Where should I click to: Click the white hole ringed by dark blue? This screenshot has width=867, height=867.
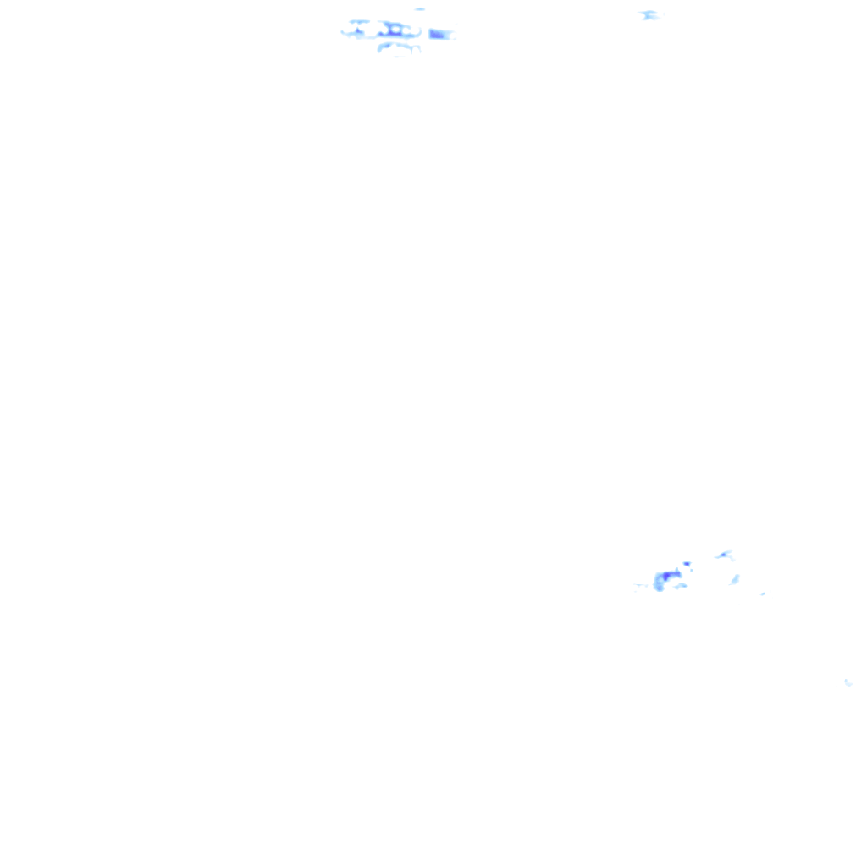click(x=395, y=29)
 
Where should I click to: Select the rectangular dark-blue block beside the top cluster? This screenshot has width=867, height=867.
click(x=438, y=34)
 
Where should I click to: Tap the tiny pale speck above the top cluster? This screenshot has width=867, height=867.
click(x=420, y=9)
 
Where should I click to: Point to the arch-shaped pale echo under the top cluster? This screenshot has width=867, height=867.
click(x=399, y=46)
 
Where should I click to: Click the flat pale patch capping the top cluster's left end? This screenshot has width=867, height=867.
click(x=359, y=21)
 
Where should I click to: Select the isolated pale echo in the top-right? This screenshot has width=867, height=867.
click(x=649, y=14)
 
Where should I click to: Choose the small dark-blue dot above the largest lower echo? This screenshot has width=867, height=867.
click(x=687, y=563)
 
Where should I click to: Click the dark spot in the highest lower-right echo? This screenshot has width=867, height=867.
click(x=723, y=555)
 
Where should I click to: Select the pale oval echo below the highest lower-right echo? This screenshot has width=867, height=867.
click(x=735, y=579)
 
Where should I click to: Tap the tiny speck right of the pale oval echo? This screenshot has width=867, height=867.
click(x=763, y=594)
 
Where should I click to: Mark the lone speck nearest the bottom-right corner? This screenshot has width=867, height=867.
click(x=847, y=682)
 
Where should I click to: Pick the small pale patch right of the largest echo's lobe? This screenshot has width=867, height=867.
click(x=680, y=586)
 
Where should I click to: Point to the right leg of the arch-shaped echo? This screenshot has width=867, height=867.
click(x=418, y=49)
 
